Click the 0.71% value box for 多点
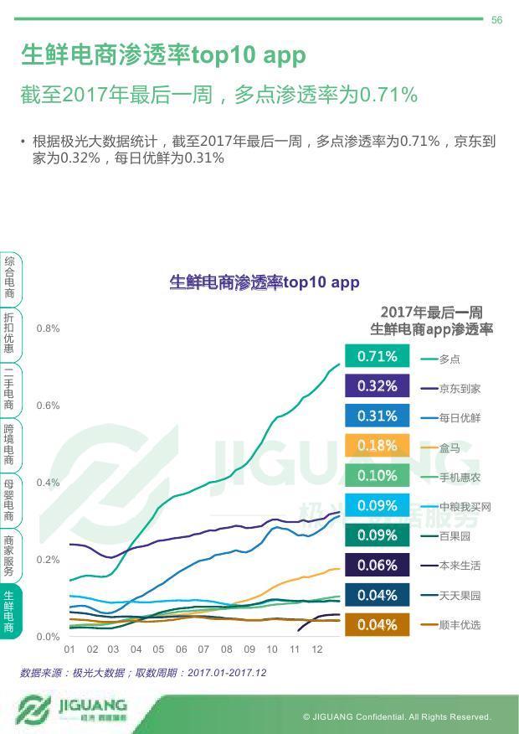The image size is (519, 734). [377, 356]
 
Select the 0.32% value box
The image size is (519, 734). [377, 386]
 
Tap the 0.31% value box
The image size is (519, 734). [377, 416]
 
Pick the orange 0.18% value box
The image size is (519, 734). [377, 446]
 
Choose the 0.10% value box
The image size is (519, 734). [377, 475]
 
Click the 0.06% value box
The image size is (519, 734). [377, 566]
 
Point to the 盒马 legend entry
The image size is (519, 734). [450, 448]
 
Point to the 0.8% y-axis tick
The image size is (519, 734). [48, 328]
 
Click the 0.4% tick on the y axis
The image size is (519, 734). [48, 483]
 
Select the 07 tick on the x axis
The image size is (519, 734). [203, 649]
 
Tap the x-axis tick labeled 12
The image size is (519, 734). [317, 649]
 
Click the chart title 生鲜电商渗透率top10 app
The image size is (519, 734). [265, 282]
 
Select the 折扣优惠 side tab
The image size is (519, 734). [9, 333]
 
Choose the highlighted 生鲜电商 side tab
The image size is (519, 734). [9, 610]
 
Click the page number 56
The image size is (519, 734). [496, 20]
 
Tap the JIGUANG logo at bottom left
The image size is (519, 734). [71, 710]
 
